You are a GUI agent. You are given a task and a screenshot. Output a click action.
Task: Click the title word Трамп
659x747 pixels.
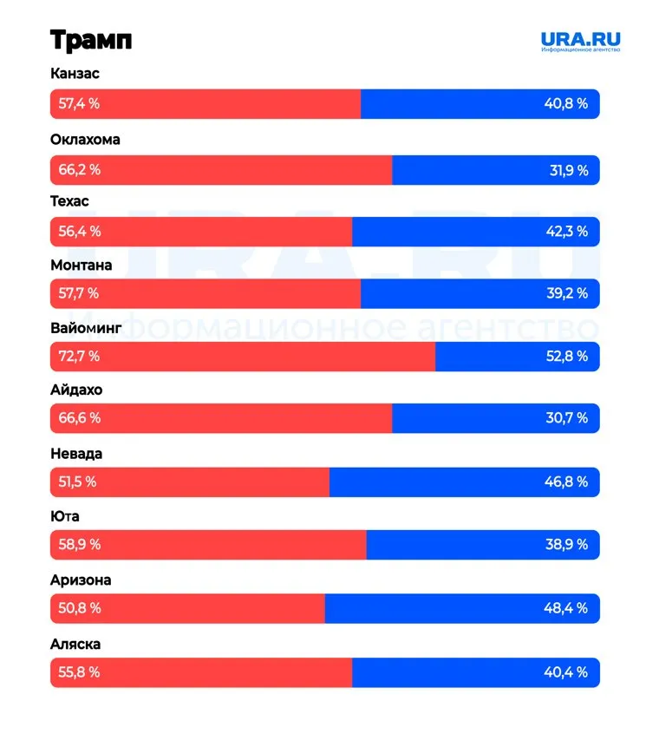[x=91, y=41]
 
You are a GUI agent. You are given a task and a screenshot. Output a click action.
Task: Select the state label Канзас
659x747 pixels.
[x=75, y=74]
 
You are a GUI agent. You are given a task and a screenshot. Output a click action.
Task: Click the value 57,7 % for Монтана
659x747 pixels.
[x=79, y=293]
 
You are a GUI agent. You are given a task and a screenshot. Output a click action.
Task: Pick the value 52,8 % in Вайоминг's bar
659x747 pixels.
[x=567, y=356]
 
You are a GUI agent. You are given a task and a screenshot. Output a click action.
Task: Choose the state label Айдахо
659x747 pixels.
[x=76, y=390]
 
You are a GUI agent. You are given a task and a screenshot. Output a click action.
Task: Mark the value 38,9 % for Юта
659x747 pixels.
[x=567, y=544]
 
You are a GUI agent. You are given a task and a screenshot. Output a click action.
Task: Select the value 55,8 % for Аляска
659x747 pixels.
[x=80, y=672]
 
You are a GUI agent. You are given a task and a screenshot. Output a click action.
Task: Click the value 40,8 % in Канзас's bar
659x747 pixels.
[x=566, y=104]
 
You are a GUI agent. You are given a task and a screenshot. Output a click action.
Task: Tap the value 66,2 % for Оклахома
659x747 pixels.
[x=80, y=170]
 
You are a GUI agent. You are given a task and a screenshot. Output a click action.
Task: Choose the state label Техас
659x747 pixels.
[x=69, y=201]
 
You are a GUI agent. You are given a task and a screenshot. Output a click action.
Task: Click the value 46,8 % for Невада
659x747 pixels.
[x=566, y=482]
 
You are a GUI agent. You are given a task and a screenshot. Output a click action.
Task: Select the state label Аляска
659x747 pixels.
[x=75, y=644]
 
